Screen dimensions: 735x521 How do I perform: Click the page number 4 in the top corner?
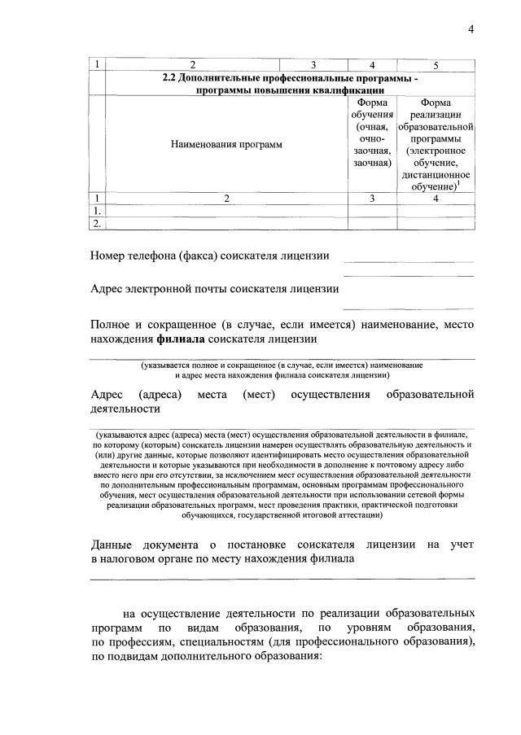(x=471, y=30)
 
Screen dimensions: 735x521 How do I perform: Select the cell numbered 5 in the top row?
(x=436, y=65)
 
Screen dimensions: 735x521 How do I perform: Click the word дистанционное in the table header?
(x=436, y=175)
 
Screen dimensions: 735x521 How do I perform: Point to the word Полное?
(x=113, y=325)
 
